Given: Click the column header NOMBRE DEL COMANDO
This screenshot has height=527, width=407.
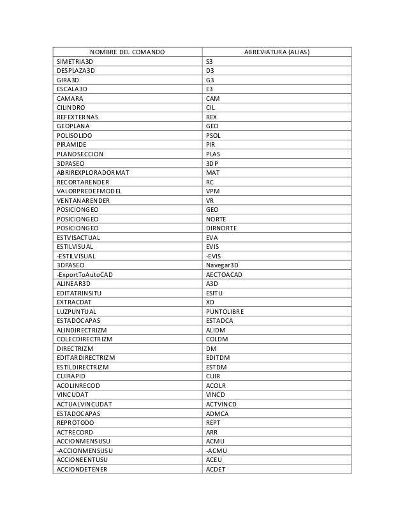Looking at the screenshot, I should point(126,51).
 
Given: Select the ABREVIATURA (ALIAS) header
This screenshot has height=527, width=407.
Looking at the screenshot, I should point(276,51).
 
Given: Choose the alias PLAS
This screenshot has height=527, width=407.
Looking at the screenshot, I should point(214,154).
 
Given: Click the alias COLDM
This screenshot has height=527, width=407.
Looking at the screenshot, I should point(218,339).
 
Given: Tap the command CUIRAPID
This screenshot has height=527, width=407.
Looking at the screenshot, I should point(71,376).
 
